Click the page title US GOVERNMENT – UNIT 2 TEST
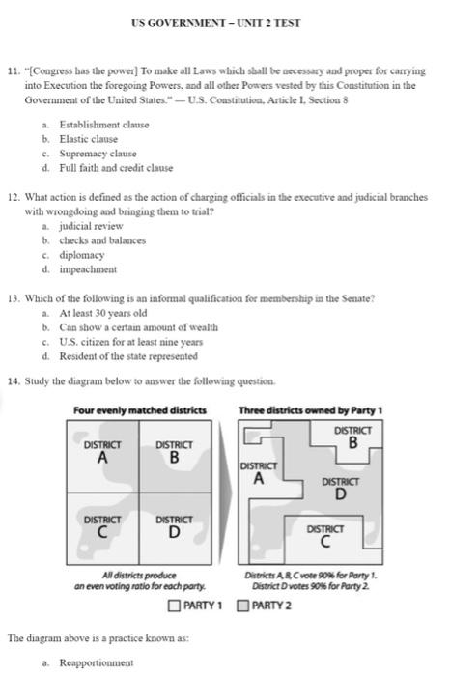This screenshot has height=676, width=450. coord(224,23)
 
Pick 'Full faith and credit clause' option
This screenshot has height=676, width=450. coord(116,168)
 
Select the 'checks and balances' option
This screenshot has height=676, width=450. coord(102,240)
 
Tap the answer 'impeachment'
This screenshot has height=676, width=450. coord(88,269)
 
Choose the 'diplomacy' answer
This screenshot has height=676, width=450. coord(83,255)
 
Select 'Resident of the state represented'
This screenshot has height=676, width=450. coord(128,356)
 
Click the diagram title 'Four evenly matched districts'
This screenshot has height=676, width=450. coord(140,410)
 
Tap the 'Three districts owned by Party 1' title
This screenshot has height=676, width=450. coord(311,410)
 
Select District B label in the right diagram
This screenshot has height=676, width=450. coord(352,437)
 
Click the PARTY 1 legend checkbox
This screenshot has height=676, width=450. coord(174,606)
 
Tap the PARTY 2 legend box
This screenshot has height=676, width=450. coord(243,606)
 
